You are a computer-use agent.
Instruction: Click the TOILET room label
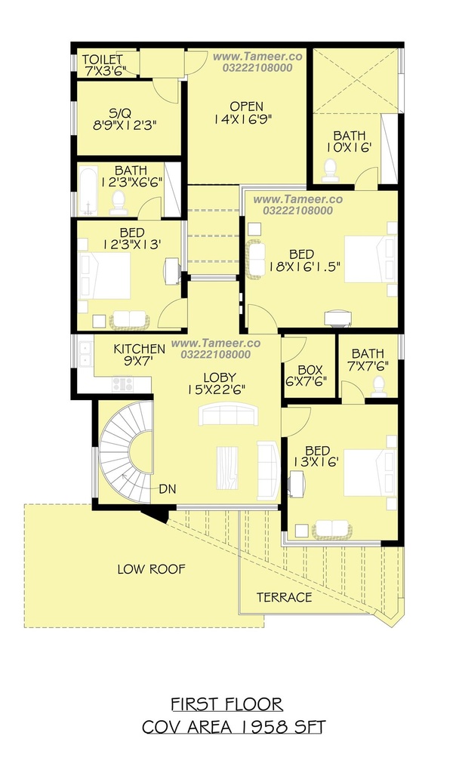pos(103,60)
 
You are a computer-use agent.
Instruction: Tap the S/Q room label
pos(120,113)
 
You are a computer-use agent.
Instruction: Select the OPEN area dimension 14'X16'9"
pos(243,119)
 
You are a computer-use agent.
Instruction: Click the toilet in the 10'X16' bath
pos(330,170)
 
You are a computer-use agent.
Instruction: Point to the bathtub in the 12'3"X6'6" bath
pos(88,191)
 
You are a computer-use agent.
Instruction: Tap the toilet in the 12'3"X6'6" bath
pos(119,203)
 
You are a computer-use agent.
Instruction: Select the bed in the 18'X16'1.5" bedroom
pos(370,260)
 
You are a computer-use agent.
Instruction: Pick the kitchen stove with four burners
pos(123,384)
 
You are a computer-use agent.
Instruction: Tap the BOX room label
pos(310,370)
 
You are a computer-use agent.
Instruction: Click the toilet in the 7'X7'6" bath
pos(378,386)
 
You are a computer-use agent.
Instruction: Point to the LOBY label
pos(220,377)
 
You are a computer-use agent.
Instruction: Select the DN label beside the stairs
pos(167,489)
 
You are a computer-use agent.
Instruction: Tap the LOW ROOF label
pos(151,569)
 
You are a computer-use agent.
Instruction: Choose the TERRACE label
pos(285,598)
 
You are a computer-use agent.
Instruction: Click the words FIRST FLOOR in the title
pos(227,704)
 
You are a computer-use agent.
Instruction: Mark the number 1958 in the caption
pos(258,727)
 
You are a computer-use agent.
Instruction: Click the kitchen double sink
pos(85,353)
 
